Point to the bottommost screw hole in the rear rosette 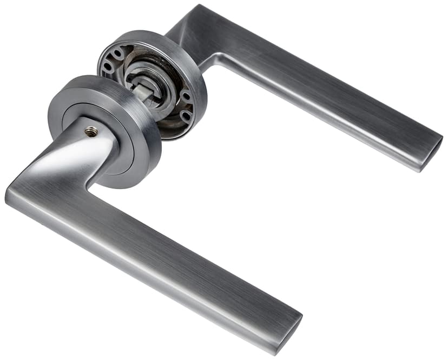coord(186,116)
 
